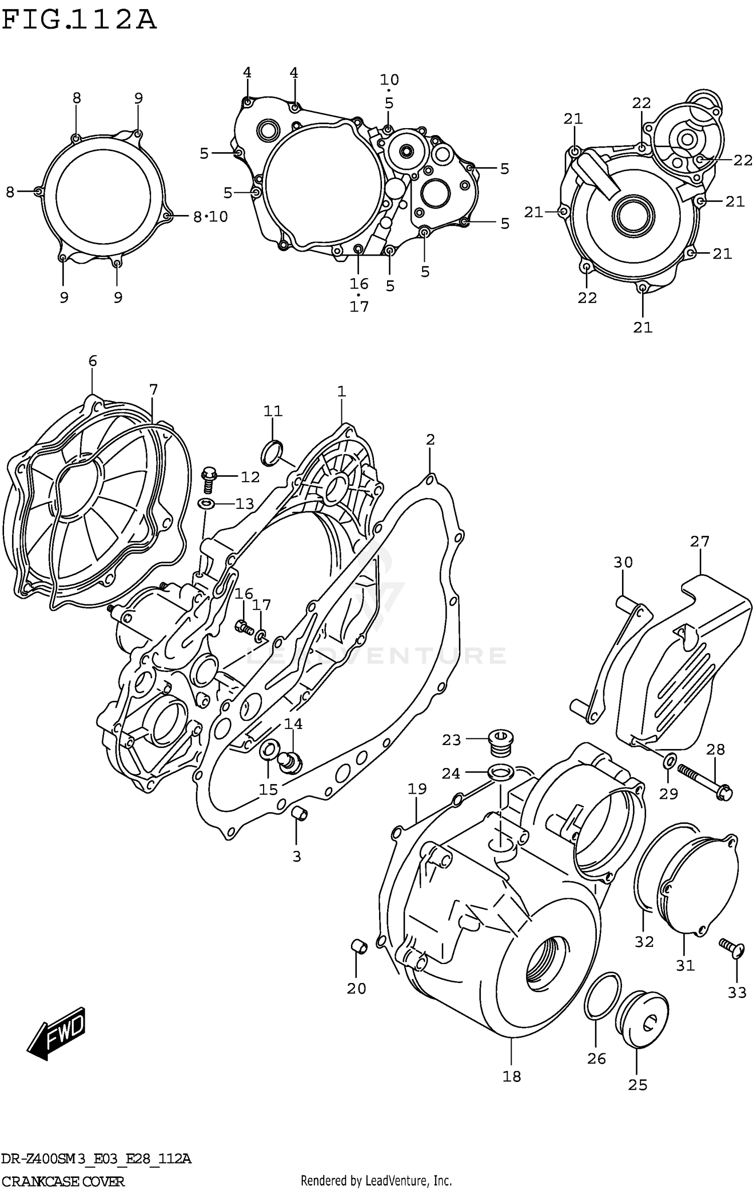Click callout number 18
[x=512, y=1076]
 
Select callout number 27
[x=699, y=541]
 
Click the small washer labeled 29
[x=670, y=762]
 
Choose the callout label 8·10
[x=210, y=217]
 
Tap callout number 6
[x=92, y=361]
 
